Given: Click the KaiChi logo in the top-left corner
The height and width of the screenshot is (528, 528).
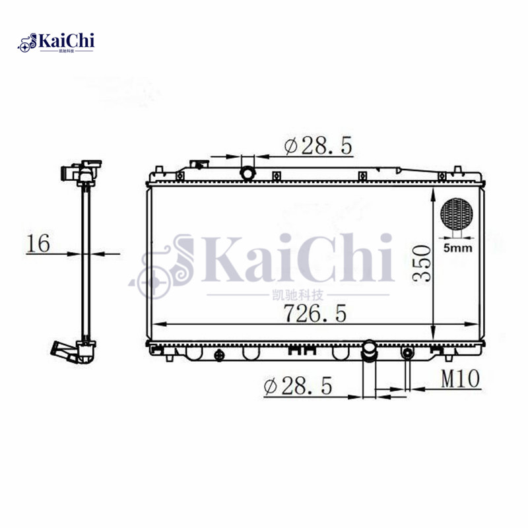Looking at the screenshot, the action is [x=56, y=42].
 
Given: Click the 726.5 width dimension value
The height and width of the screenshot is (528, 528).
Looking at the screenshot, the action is [x=315, y=313].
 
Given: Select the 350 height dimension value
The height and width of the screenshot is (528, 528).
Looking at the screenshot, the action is [x=422, y=263].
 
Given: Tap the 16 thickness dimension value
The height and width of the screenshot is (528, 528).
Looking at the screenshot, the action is [x=38, y=243].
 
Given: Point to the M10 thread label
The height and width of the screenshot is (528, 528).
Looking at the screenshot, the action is [x=460, y=378].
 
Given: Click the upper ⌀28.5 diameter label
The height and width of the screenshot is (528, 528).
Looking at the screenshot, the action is [x=318, y=146].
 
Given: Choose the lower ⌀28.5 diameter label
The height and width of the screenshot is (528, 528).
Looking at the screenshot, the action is [x=298, y=385].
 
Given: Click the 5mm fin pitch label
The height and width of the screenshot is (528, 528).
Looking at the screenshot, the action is [x=457, y=248].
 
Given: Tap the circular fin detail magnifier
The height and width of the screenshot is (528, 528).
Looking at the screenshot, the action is [x=457, y=214].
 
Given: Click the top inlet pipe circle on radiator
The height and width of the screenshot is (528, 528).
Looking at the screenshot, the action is [x=248, y=174].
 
